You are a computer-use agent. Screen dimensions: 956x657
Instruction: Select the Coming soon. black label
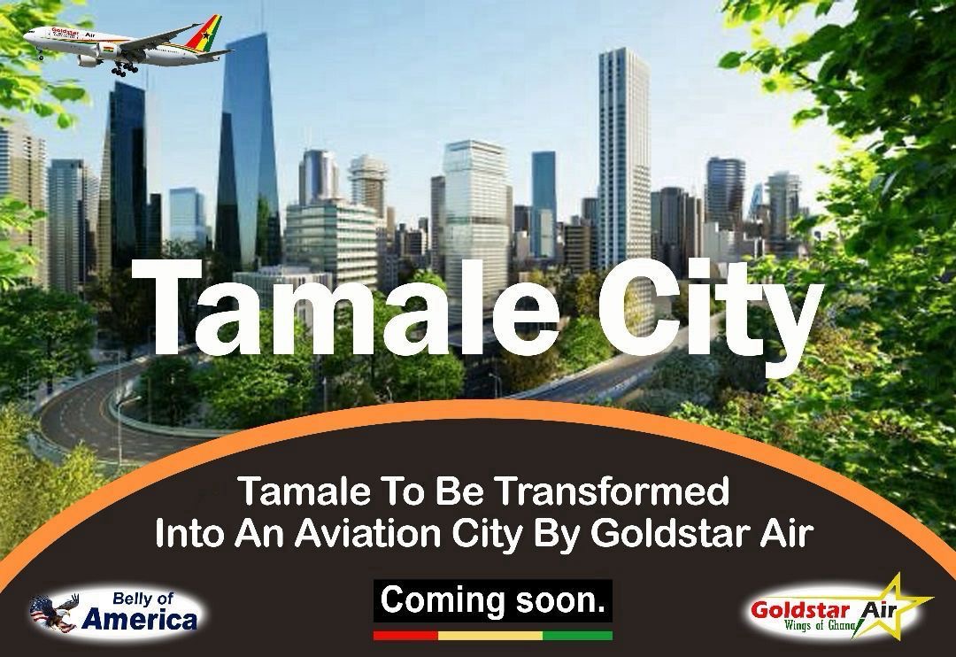pos(493,601)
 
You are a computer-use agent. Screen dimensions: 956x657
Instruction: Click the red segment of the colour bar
pos(406,635)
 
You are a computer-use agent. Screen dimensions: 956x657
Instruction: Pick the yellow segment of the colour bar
pos(490,635)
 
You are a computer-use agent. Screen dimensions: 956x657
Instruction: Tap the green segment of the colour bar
pos(577,635)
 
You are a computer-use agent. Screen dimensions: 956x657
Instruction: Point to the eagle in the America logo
pos(54,612)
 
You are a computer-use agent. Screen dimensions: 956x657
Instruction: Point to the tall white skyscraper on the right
pos(623,158)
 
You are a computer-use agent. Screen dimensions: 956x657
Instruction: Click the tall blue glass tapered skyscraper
pos(248,152)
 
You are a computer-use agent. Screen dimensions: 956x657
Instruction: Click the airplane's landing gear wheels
pos(124,68)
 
